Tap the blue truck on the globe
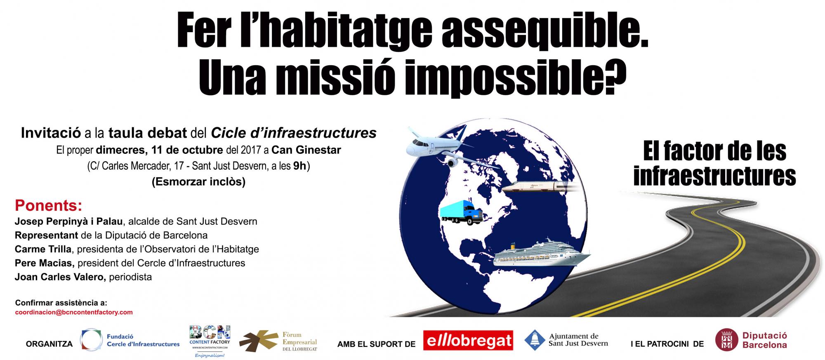pos(461,212)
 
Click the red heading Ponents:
pos(49,205)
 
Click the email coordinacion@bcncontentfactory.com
pos(74,312)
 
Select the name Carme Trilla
pos(43,249)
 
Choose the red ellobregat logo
pos(468,341)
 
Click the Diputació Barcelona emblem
pos(726,340)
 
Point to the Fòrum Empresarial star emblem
pos(259,341)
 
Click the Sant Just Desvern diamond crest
pos(534,340)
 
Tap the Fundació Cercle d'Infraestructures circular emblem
pos(91,340)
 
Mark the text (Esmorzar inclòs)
pos(198,182)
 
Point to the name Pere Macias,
pos(45,263)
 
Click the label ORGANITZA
pos(49,344)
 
